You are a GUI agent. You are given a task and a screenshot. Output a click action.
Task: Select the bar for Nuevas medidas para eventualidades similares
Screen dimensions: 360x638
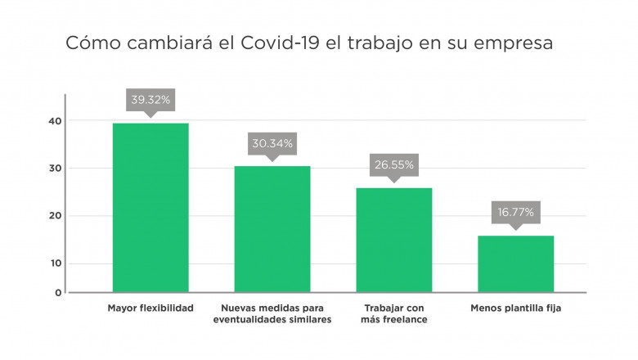(x=272, y=228)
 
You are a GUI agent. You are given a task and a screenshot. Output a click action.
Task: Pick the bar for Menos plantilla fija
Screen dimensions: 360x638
(x=515, y=263)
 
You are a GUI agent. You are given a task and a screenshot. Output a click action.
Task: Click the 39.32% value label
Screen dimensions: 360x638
(x=151, y=100)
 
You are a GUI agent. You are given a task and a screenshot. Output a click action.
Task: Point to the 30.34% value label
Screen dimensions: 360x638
(x=272, y=143)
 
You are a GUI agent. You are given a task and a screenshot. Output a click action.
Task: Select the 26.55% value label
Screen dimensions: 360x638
(x=393, y=164)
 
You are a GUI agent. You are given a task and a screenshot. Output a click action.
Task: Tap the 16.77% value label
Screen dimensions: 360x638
(x=515, y=212)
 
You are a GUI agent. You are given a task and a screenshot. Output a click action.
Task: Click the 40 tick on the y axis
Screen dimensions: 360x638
(x=55, y=121)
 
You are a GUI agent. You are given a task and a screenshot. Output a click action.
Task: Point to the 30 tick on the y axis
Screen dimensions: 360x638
(x=55, y=169)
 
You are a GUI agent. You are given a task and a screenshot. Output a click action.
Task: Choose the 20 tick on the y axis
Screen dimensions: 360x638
(x=55, y=216)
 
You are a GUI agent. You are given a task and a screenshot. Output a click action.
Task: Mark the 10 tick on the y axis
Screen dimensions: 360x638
(x=55, y=263)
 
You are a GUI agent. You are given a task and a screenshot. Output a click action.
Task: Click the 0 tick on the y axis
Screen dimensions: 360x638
(x=58, y=292)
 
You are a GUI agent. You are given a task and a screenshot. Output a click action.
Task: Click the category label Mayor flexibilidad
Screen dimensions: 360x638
(x=151, y=308)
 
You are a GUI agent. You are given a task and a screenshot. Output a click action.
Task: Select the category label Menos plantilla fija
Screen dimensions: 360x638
(x=515, y=308)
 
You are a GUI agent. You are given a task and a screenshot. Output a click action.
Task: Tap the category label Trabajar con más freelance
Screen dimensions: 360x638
(x=393, y=313)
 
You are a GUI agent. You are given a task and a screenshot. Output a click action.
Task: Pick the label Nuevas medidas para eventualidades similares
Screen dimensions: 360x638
(x=272, y=313)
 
